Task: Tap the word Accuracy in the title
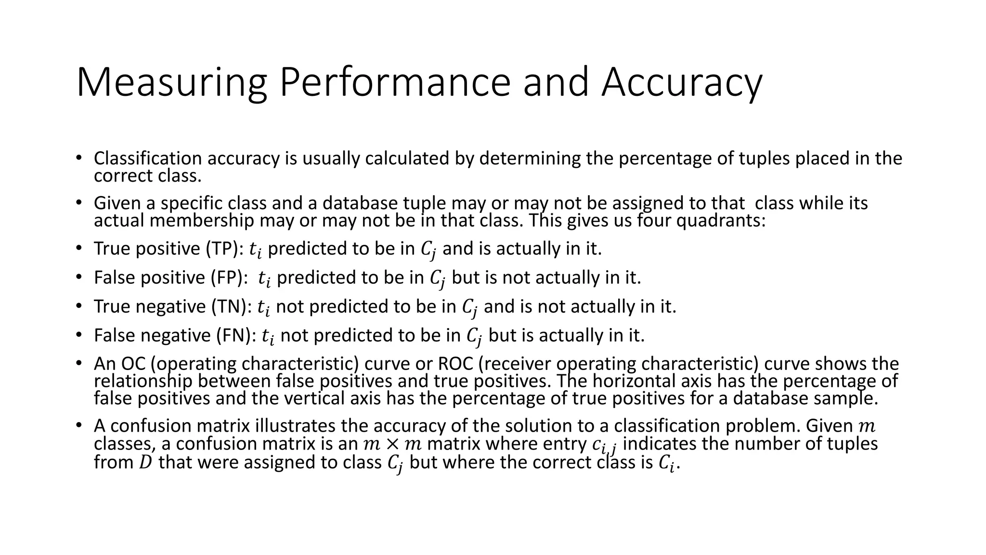point(682,83)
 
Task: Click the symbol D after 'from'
point(144,462)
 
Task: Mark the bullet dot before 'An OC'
point(78,364)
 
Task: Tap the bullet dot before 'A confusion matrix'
point(78,426)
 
